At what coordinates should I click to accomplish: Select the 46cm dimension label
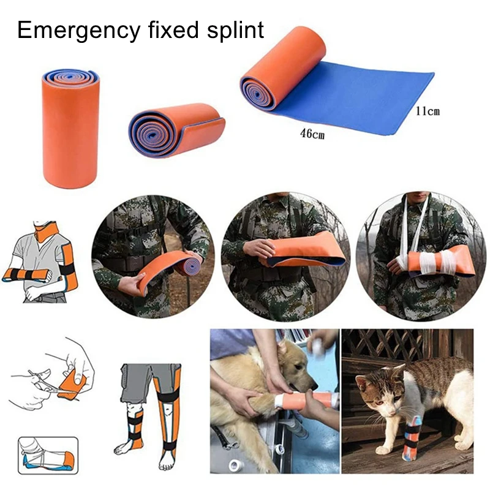(312, 134)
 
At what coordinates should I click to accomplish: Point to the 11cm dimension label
(427, 111)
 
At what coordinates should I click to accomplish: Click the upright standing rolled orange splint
(70, 129)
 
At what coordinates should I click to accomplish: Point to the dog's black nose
(314, 387)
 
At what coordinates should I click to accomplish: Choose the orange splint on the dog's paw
(306, 401)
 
